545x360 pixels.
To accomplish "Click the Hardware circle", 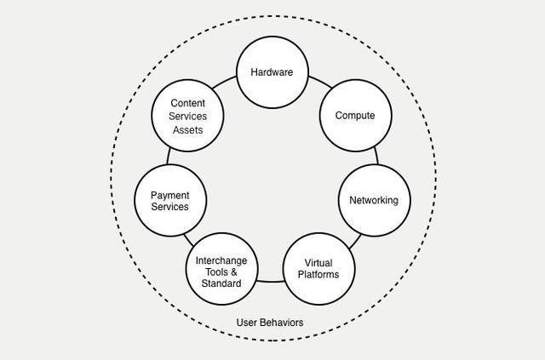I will point(272,72).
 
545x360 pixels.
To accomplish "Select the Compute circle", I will point(354,116).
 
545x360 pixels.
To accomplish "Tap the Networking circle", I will point(374,201).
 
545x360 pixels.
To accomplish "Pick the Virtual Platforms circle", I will point(318,268).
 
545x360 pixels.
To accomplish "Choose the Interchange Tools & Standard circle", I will point(221,269).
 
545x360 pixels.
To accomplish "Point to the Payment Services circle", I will point(170,201).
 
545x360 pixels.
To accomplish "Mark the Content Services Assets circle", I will point(188,116).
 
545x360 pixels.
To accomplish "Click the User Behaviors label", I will point(269,323).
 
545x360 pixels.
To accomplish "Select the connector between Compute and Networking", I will point(376,156).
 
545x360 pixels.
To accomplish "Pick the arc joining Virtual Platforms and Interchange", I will point(270,281).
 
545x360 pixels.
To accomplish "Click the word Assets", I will point(188,130).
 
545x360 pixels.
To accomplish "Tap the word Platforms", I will point(318,274).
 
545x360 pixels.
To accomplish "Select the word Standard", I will point(221,283).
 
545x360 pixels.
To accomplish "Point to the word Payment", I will point(170,196).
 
